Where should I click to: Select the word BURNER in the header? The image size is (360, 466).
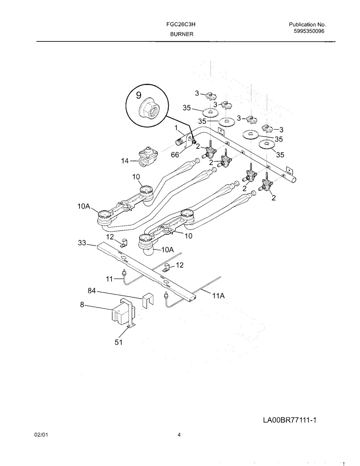[181, 34]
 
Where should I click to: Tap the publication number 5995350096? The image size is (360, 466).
[310, 31]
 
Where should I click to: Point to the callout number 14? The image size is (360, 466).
[125, 161]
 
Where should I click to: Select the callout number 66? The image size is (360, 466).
[175, 155]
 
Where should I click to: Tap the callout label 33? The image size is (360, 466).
[82, 243]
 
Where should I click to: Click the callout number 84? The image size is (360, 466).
[92, 290]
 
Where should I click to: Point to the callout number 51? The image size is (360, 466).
[119, 342]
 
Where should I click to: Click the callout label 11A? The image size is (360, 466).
[218, 296]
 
